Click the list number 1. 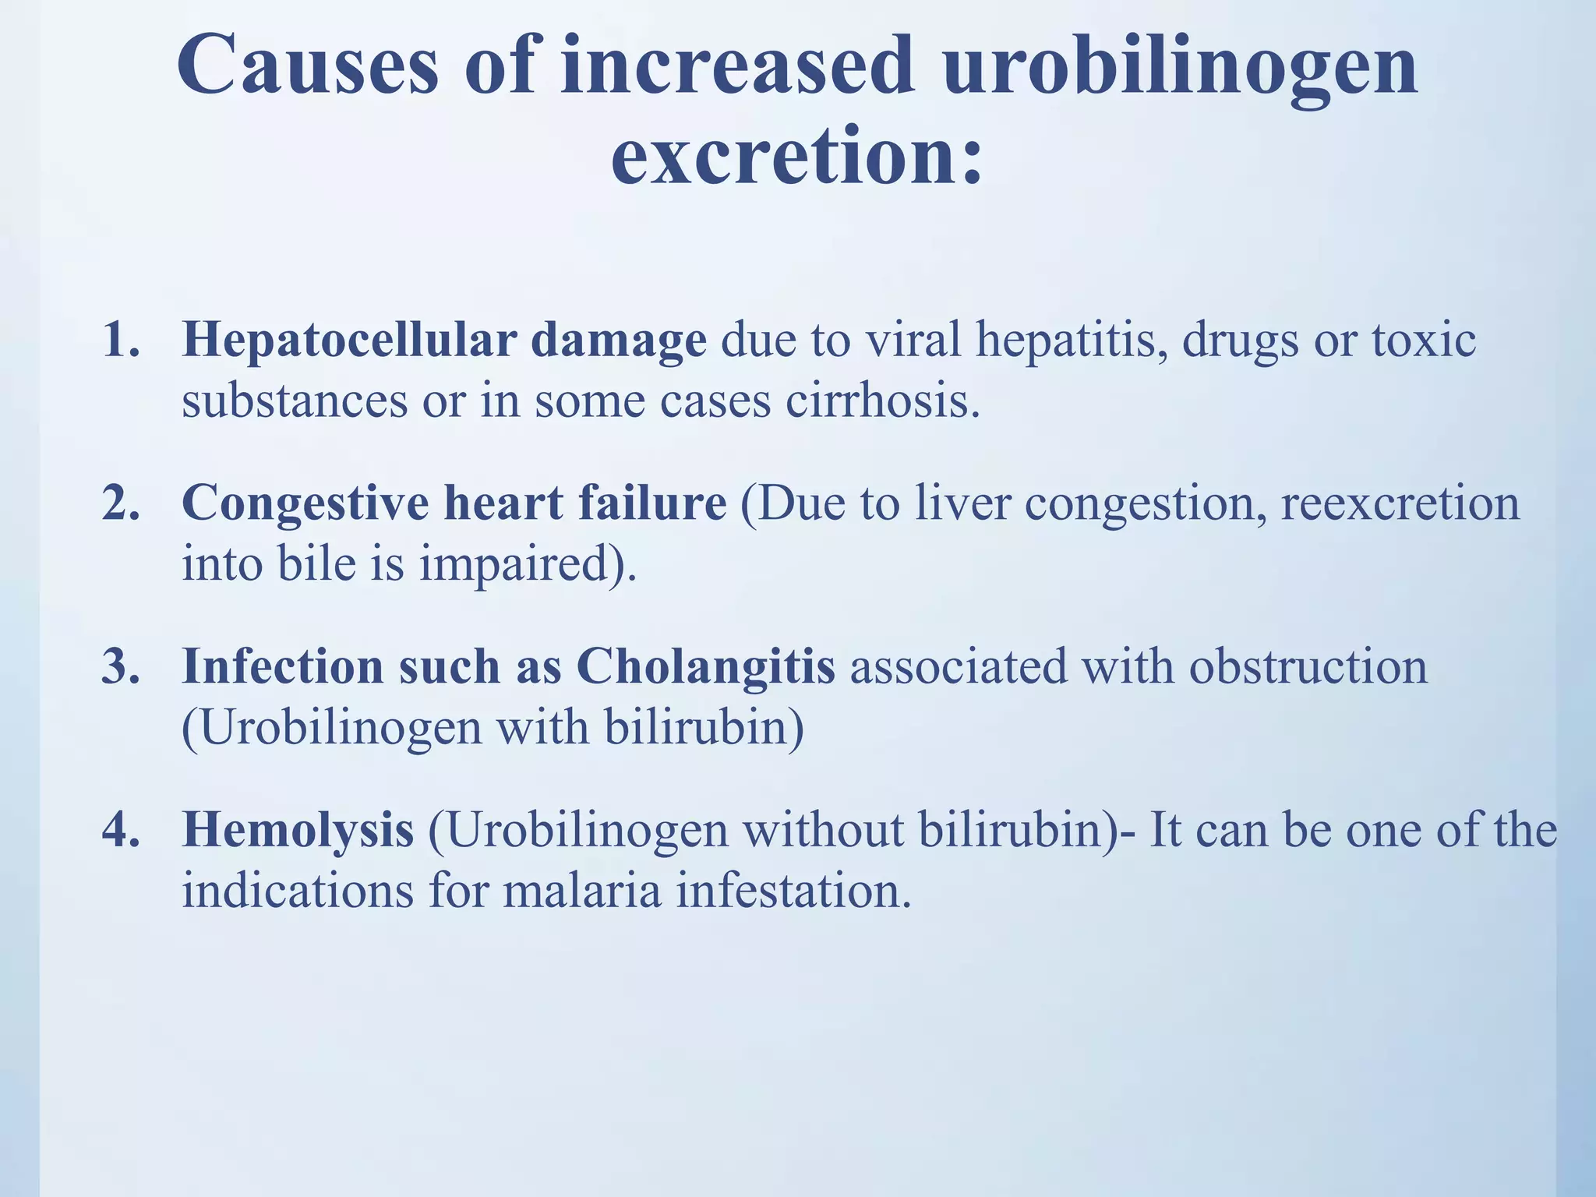[x=121, y=341]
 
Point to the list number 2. [x=121, y=504]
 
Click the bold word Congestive [x=305, y=504]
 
